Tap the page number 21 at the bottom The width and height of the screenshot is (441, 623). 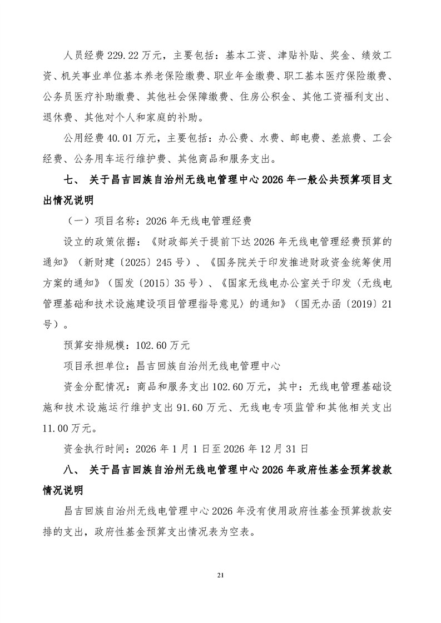point(220,575)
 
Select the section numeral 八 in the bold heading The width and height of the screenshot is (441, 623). point(71,470)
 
